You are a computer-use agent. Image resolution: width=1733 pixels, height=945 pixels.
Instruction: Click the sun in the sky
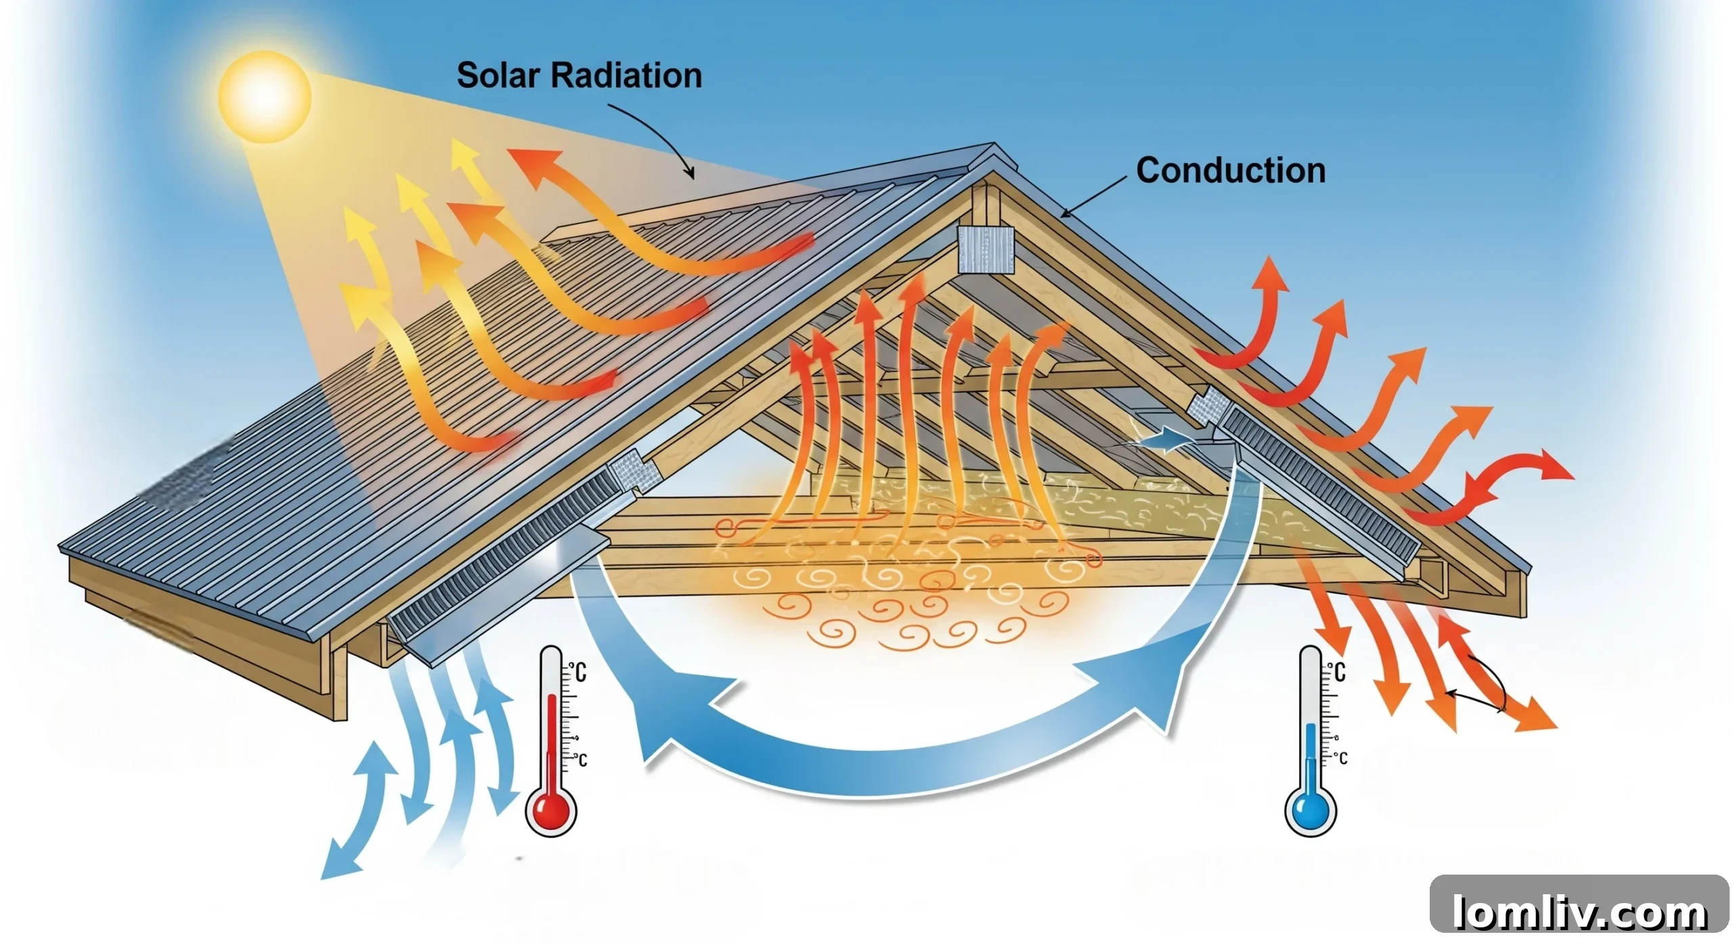coord(265,97)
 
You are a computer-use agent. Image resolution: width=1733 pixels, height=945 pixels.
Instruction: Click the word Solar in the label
coord(498,75)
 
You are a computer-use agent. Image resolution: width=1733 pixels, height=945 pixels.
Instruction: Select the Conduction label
coord(1230,171)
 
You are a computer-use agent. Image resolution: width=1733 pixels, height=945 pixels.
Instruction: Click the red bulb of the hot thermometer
coord(550,810)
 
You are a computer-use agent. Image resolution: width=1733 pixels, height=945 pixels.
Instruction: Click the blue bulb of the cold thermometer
coord(1310,810)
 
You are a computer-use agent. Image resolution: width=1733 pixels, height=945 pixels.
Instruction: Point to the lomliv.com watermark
coord(1579,911)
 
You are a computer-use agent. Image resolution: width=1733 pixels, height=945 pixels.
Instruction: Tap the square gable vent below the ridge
coord(986,250)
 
